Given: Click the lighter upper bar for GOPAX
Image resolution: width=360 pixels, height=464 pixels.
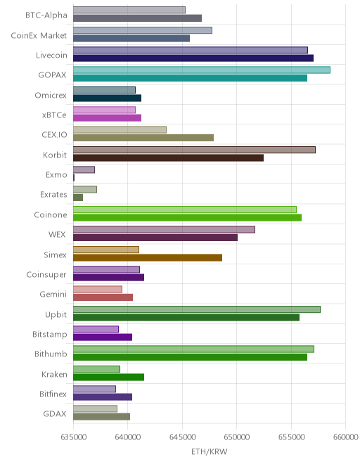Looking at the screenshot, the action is click(x=202, y=70).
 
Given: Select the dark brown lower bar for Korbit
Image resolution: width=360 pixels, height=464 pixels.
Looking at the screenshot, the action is click(x=168, y=157).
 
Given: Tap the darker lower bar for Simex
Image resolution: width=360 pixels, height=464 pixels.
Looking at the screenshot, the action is click(x=148, y=258).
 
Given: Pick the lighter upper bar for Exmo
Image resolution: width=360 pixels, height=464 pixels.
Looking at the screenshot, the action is click(x=84, y=169).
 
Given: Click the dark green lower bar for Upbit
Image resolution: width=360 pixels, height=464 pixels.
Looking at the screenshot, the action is click(x=186, y=318).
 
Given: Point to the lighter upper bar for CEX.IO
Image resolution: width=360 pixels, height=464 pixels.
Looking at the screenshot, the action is click(x=120, y=129).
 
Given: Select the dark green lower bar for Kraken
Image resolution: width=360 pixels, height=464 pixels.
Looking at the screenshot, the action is click(x=109, y=378).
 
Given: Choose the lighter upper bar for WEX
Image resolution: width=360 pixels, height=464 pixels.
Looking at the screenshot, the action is click(x=164, y=229).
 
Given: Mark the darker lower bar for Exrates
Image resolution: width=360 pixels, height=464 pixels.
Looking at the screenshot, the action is click(x=78, y=198).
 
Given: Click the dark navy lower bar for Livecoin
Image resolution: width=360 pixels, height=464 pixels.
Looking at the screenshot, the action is click(x=193, y=58).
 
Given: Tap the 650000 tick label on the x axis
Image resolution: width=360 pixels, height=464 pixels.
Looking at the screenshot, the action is click(x=236, y=437).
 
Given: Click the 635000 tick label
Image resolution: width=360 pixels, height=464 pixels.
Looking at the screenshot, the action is click(x=73, y=437).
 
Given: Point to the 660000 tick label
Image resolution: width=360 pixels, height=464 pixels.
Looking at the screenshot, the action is click(x=345, y=437).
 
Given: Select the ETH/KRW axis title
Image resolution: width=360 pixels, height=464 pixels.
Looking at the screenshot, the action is click(x=210, y=451).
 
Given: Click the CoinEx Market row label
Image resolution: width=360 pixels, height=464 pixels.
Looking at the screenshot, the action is click(x=39, y=36).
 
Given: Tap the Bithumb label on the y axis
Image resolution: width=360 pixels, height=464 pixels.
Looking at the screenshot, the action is click(x=51, y=354).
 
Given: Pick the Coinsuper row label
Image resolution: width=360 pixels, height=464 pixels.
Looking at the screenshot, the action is click(x=46, y=275).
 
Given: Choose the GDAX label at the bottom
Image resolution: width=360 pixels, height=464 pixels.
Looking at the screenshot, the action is click(x=55, y=413).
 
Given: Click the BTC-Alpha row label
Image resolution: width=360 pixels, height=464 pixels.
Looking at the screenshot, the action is click(x=46, y=15).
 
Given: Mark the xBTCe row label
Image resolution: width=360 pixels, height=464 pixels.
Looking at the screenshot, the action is click(x=54, y=115).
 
